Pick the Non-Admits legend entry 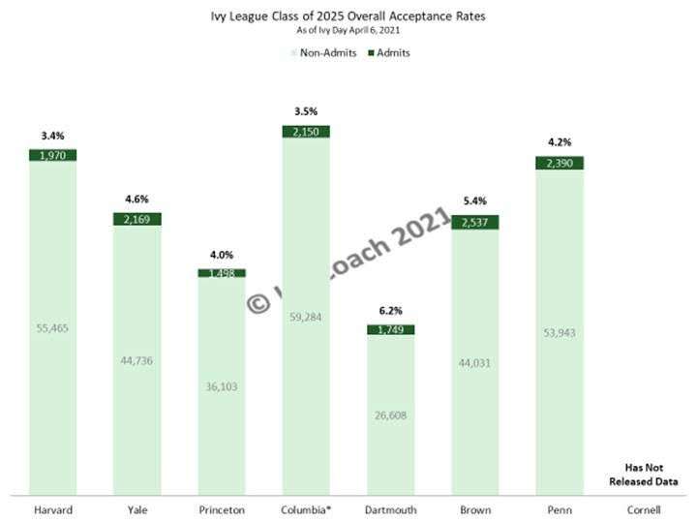319,52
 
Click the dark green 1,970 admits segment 52,155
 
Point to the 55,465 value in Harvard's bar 52,328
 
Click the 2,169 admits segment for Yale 136,220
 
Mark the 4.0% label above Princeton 222,256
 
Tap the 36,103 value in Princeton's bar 222,385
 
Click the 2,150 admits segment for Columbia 306,132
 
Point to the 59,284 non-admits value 306,315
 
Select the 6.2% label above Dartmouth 390,313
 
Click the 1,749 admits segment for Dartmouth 390,329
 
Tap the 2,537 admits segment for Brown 475,221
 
